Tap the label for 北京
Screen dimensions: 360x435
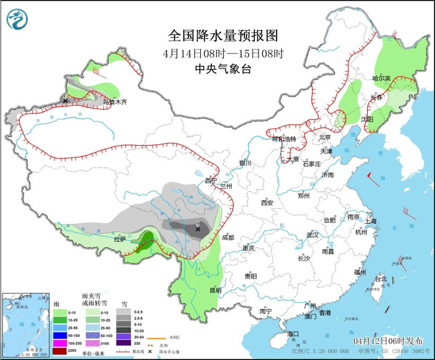click(x=325, y=137)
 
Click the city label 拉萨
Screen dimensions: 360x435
click(x=120, y=239)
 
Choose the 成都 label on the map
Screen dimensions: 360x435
click(x=228, y=237)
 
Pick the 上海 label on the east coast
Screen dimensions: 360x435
click(x=372, y=221)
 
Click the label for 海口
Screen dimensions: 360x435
click(x=293, y=334)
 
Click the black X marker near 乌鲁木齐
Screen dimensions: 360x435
click(x=65, y=99)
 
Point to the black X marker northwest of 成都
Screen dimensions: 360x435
click(x=198, y=229)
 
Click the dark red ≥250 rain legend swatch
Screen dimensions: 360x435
click(x=59, y=351)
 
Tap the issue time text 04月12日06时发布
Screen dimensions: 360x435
click(x=388, y=341)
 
